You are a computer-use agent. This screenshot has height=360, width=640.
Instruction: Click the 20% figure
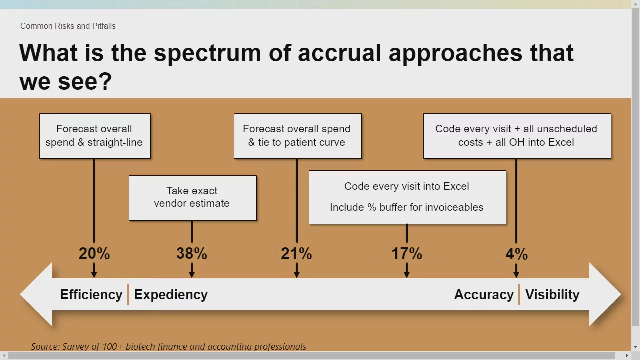[x=94, y=253]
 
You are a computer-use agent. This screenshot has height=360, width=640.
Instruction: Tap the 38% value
[x=192, y=253]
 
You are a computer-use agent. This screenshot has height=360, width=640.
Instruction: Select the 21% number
[x=296, y=253]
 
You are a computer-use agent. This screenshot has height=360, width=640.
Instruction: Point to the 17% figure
[x=407, y=253]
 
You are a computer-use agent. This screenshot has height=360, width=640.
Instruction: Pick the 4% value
[x=516, y=254]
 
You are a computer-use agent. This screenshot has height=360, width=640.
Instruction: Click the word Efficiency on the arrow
[x=91, y=295]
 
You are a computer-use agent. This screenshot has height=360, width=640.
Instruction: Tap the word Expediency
[x=171, y=295]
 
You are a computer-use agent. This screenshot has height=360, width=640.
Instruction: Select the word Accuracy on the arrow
[x=484, y=295]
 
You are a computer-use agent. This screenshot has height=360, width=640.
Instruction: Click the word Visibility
[x=552, y=295]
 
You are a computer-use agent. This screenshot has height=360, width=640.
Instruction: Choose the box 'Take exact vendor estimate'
[x=193, y=198]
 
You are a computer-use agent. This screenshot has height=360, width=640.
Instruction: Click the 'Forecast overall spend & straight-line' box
[x=95, y=136]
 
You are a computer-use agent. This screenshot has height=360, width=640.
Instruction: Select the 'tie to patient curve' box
[x=298, y=136]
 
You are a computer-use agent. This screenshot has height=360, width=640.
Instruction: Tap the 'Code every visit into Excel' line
[x=407, y=186]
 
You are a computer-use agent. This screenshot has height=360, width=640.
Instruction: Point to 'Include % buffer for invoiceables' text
[x=407, y=207]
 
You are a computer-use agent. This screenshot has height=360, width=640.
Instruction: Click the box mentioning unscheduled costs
[x=517, y=136]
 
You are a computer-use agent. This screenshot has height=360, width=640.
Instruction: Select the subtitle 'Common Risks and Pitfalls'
[x=68, y=26]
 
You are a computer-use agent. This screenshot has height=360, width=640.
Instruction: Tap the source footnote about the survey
[x=168, y=346]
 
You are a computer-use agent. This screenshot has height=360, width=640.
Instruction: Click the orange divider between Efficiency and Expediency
[x=128, y=294]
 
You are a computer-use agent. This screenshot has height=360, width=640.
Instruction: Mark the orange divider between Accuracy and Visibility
[x=519, y=294]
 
